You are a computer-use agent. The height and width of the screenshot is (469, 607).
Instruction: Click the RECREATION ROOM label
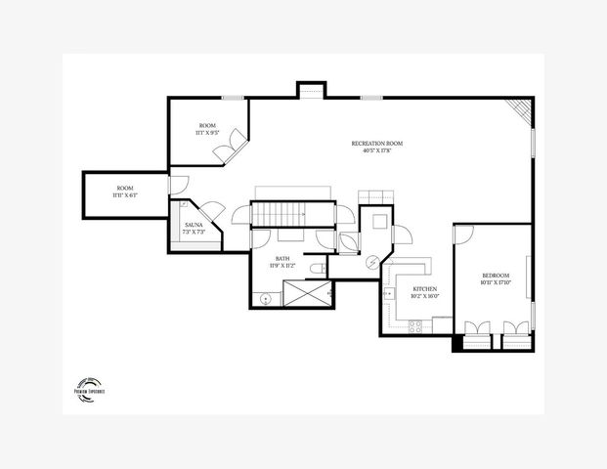377,144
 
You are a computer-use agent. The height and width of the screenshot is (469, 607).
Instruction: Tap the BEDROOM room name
496,277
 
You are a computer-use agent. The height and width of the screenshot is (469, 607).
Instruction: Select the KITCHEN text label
425,289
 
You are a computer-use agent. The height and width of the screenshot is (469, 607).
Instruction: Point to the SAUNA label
194,225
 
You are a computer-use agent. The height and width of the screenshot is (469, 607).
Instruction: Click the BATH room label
282,256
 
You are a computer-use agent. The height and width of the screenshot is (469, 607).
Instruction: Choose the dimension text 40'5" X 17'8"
377,151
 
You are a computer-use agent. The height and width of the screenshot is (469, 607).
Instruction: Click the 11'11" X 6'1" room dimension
125,195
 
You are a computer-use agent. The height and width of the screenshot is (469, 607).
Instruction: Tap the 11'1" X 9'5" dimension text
207,134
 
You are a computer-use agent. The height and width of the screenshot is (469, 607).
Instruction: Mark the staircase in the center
279,213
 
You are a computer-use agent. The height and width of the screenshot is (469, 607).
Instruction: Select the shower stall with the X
307,292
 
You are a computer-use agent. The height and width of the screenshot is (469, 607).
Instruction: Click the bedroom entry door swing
464,234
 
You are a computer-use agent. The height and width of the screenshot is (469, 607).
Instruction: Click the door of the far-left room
172,184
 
